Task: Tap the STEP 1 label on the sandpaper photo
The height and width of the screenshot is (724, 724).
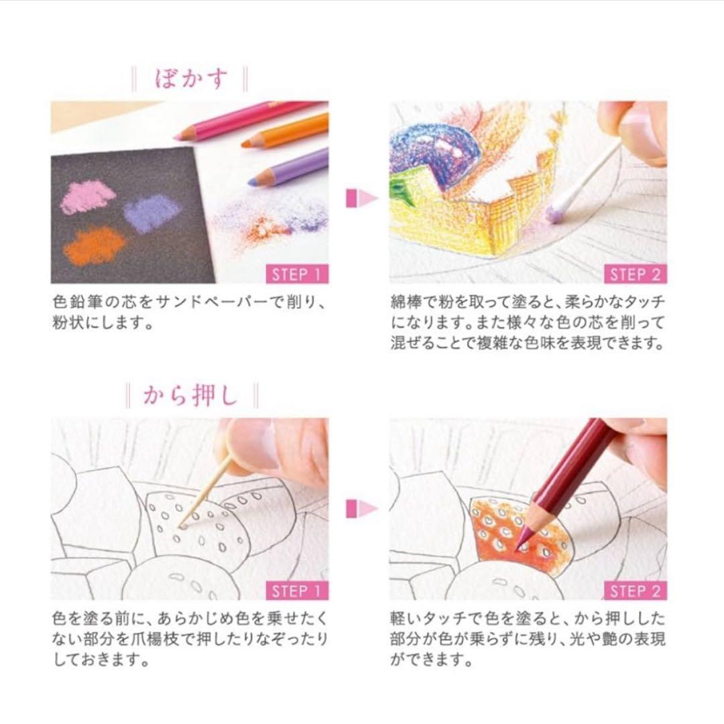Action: click(299, 274)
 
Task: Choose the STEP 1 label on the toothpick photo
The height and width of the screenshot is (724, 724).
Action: click(299, 591)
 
